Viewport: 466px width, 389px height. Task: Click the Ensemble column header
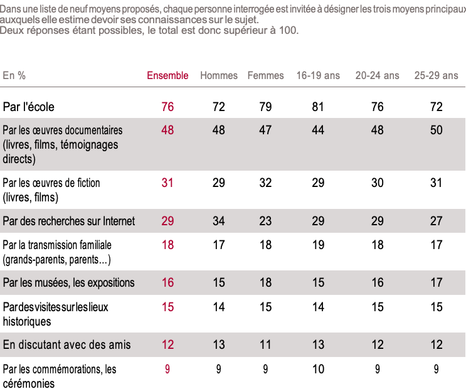(167, 75)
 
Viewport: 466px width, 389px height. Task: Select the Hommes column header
(219, 75)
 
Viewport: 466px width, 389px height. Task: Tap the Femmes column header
(265, 75)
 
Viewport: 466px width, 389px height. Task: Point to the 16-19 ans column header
(318, 75)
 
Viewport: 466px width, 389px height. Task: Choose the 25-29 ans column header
(436, 75)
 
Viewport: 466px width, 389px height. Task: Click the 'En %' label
(14, 75)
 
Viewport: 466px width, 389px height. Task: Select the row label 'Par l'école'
(29, 107)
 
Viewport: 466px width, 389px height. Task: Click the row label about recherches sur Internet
(69, 221)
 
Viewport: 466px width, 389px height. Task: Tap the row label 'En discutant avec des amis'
(66, 344)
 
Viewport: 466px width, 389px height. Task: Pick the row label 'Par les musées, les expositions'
(68, 282)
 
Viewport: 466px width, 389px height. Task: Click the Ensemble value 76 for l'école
(167, 107)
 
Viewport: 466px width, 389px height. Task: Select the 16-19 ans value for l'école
(318, 107)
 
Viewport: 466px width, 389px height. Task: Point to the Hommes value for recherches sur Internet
(219, 221)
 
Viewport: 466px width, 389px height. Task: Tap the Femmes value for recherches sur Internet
(265, 221)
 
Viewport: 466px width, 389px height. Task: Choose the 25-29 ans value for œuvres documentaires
(436, 130)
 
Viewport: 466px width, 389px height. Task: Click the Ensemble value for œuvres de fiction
(167, 183)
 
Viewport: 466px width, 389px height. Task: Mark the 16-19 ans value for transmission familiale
(318, 245)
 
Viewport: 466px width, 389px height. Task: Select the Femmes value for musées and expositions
(265, 282)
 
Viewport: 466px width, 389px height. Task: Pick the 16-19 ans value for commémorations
(318, 369)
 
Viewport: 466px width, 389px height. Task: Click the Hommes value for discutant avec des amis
(219, 344)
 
